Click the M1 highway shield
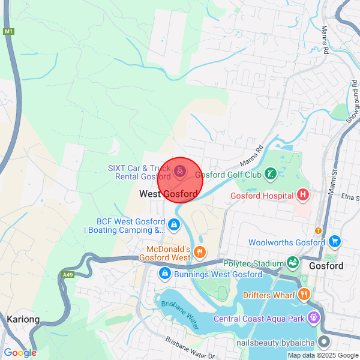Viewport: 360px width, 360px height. pyautogui.click(x=8, y=31)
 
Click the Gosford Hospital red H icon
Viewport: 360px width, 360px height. pyautogui.click(x=303, y=195)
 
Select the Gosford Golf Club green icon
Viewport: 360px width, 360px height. pyautogui.click(x=271, y=175)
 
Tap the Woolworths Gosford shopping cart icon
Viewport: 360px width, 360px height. pyautogui.click(x=335, y=242)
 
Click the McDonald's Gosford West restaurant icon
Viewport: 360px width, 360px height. pyautogui.click(x=200, y=253)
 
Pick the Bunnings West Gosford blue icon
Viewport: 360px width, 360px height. pyautogui.click(x=164, y=274)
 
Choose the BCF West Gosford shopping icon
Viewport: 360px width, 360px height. pyautogui.click(x=173, y=225)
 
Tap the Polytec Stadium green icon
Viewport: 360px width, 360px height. pyautogui.click(x=293, y=263)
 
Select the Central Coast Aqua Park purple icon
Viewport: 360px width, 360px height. pyautogui.click(x=313, y=317)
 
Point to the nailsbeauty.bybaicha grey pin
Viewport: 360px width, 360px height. pyautogui.click(x=325, y=342)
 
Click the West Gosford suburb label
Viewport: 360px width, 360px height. pyautogui.click(x=169, y=194)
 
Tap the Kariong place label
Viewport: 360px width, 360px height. pyautogui.click(x=23, y=320)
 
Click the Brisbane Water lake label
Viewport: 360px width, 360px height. pyautogui.click(x=179, y=314)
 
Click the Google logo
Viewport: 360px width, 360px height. pyautogui.click(x=20, y=353)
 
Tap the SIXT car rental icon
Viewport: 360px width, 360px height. pyautogui.click(x=179, y=172)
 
